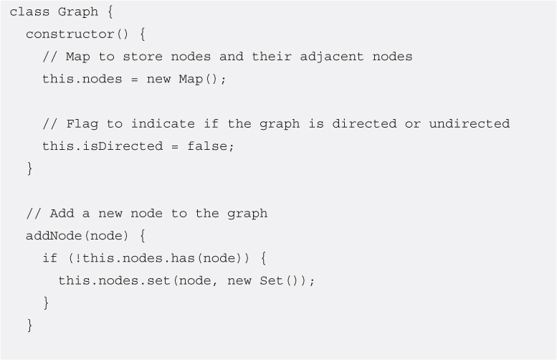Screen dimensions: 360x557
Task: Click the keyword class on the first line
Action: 29,12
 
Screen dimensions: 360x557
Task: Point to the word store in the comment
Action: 146,57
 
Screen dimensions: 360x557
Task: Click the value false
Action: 215,146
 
